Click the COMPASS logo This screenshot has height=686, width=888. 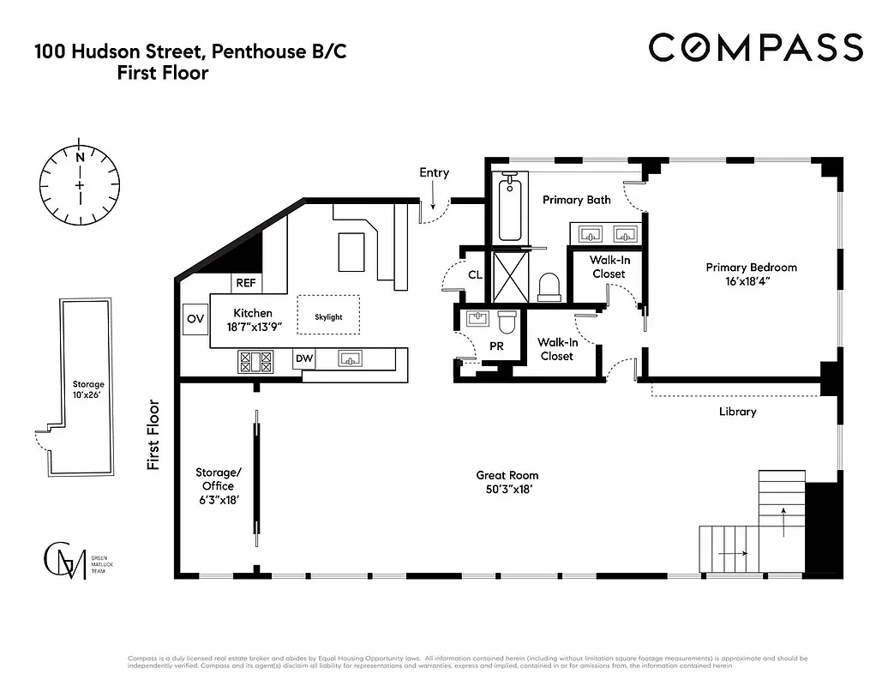click(x=754, y=47)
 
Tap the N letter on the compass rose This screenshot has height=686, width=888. click(x=80, y=158)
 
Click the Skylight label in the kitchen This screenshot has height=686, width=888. click(x=328, y=316)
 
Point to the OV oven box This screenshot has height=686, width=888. click(x=195, y=319)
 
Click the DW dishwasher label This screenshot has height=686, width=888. click(x=304, y=358)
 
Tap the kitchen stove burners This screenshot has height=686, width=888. click(x=255, y=362)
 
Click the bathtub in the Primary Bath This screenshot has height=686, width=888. click(x=510, y=208)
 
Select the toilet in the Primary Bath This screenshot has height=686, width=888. click(x=549, y=286)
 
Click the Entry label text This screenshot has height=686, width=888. click(x=434, y=172)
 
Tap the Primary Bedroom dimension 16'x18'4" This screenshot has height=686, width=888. click(x=751, y=282)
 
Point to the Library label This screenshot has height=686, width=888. click(x=737, y=412)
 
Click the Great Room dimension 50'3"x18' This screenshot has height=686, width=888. click(x=508, y=490)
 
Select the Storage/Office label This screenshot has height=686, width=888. click(x=219, y=479)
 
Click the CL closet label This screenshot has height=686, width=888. click(x=475, y=275)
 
